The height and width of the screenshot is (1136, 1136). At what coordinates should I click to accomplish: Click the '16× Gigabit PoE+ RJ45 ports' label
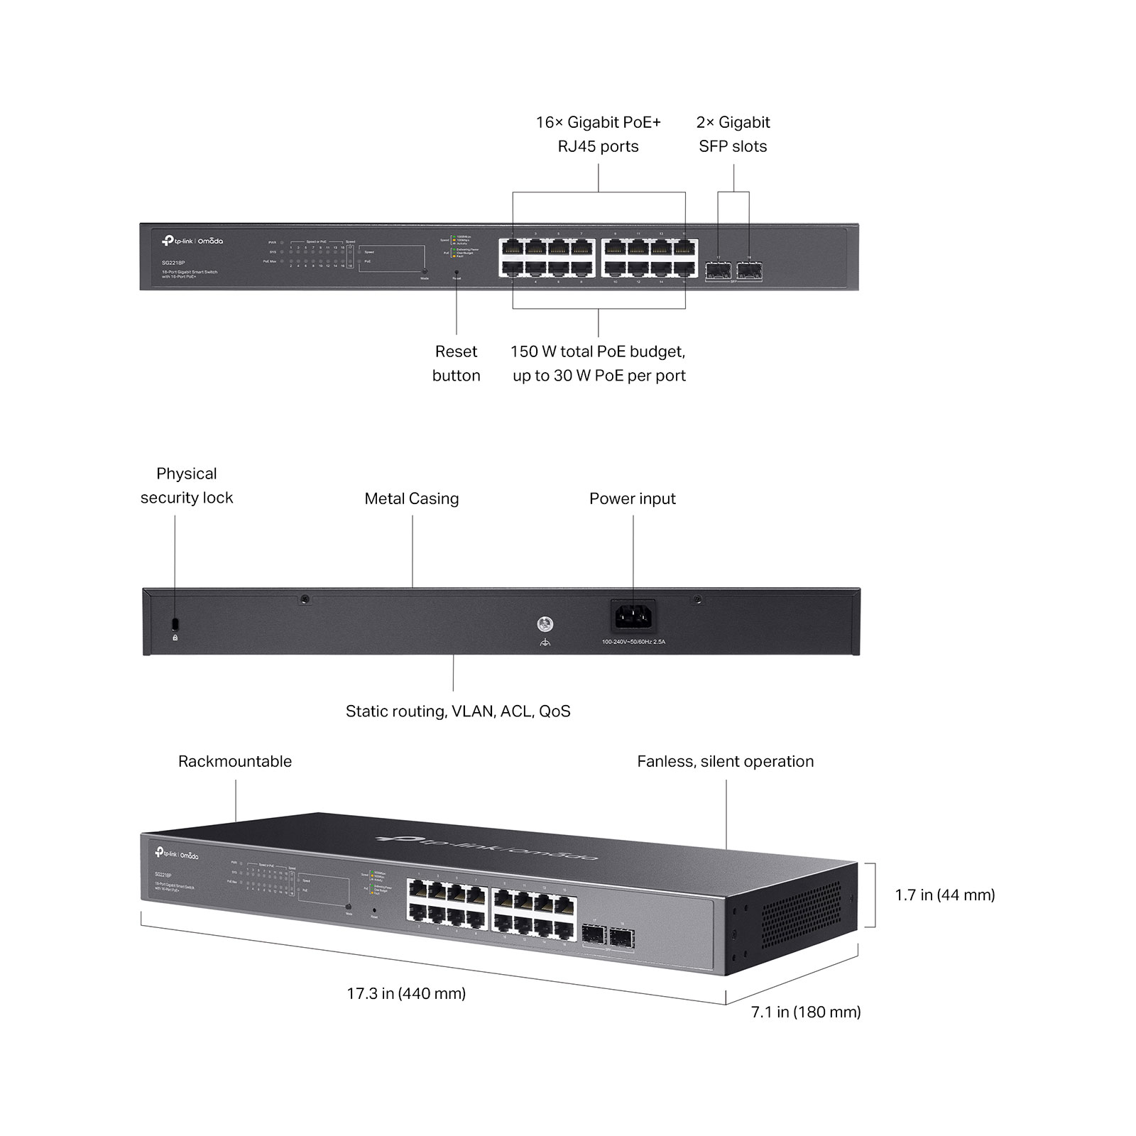598,134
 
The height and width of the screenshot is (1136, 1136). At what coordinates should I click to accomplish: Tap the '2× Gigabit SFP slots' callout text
733,134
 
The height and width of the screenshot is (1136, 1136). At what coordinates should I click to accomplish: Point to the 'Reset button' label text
456,364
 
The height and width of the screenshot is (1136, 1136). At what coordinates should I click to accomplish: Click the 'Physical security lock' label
187,486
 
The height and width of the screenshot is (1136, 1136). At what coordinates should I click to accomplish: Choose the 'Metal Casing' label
412,498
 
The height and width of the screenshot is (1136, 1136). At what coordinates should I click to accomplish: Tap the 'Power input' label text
632,498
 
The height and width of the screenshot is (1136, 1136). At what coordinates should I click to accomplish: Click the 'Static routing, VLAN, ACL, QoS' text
458,711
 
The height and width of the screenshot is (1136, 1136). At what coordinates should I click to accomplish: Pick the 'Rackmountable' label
235,761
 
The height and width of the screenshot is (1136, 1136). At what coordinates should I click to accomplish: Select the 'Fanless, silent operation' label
725,761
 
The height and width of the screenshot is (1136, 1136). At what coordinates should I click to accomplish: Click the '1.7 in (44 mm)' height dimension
945,895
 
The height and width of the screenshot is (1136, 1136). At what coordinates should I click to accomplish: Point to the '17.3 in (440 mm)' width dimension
406,993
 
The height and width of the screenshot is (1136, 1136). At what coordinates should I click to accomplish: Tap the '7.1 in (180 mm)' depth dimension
806,1012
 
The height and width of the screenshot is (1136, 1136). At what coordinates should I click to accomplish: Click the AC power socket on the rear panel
633,616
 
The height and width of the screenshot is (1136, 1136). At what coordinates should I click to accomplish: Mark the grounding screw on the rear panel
545,625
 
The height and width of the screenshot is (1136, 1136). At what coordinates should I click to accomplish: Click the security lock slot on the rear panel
175,624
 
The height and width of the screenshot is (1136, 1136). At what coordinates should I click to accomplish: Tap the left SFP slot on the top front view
718,270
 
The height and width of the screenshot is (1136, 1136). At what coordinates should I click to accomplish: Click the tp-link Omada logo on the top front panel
192,241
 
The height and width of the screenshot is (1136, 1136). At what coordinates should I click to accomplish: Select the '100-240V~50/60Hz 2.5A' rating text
633,642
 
